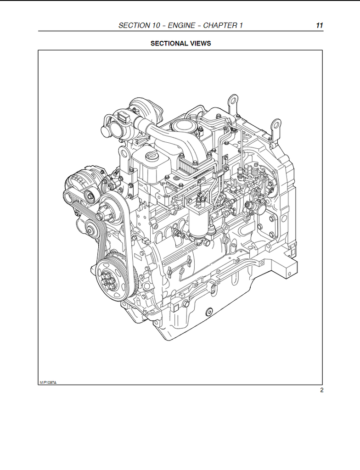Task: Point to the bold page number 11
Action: (320, 26)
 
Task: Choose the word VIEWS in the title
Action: (201, 44)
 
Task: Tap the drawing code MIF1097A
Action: (48, 382)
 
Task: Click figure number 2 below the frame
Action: (321, 390)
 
